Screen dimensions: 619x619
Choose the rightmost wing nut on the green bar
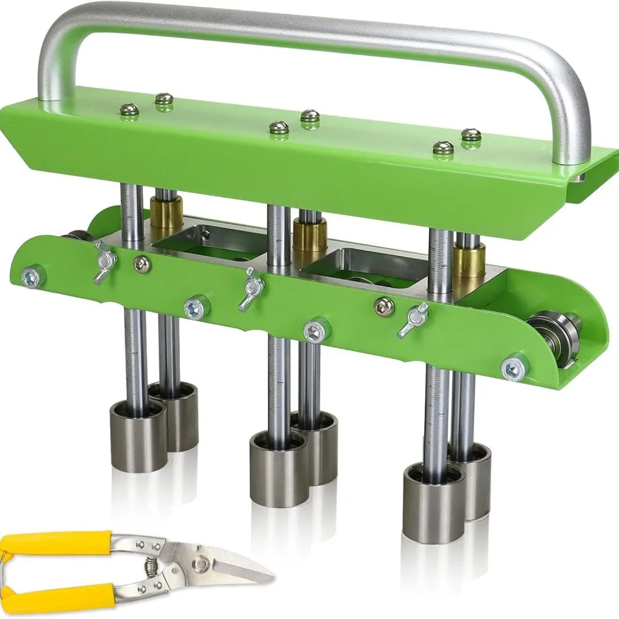click(x=412, y=317)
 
